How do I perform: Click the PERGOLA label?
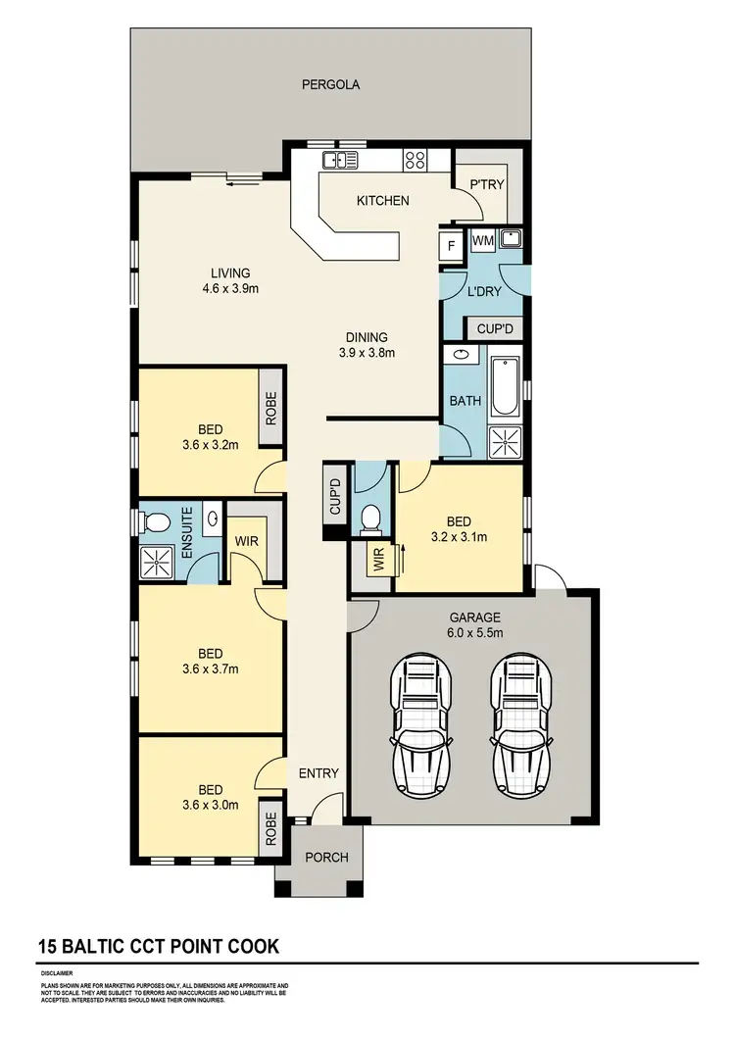tap(329, 84)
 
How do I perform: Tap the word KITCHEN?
tap(382, 201)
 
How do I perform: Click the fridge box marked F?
tap(451, 245)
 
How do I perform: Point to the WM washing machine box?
tap(482, 240)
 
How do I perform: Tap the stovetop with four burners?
tap(415, 160)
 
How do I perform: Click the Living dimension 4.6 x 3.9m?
tap(230, 288)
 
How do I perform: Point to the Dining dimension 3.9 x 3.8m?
tap(366, 353)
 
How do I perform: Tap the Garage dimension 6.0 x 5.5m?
tap(475, 633)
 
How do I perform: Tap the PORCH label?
tap(326, 858)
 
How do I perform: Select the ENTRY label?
tap(318, 773)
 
